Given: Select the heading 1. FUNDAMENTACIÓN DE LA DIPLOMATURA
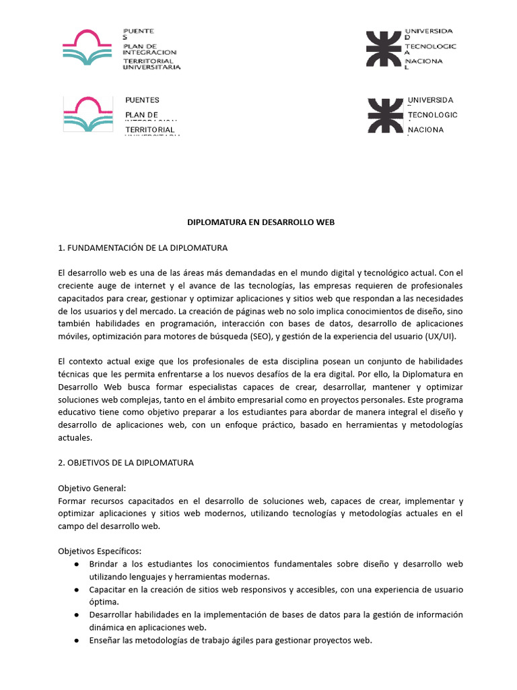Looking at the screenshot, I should point(143,247).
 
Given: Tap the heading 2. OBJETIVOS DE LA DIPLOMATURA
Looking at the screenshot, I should point(126,462).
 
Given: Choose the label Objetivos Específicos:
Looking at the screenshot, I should point(100,551).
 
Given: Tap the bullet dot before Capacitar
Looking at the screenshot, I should point(78,590).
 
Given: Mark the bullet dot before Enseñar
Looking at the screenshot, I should point(78,640).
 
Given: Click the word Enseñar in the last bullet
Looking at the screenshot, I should point(107,640).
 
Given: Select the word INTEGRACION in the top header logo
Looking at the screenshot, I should point(149,51).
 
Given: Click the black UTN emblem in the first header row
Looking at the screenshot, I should point(383,49).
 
